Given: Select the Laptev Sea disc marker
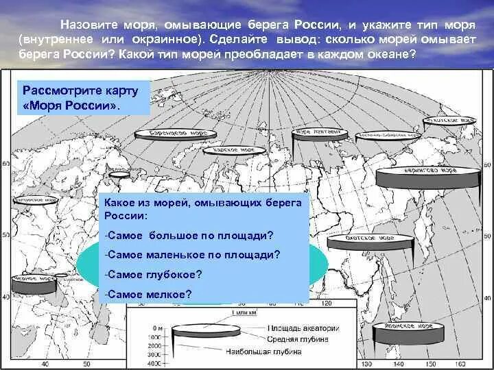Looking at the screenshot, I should [x=311, y=130].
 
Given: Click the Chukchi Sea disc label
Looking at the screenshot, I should [x=449, y=121].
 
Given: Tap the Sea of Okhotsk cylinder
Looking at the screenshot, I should [x=370, y=241].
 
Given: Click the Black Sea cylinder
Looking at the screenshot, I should [x=33, y=281].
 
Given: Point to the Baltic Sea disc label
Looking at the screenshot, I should [x=36, y=199].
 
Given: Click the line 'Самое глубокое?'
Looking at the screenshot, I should [x=154, y=274].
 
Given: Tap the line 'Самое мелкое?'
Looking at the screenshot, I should [x=148, y=294].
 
